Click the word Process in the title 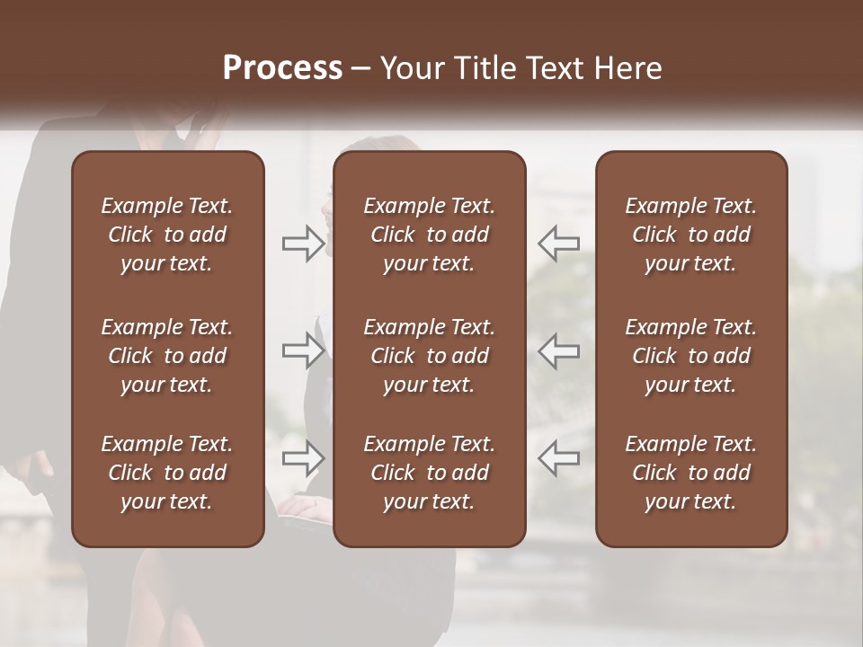click(282, 68)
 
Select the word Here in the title click(628, 68)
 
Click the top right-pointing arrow click(304, 244)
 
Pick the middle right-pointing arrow click(304, 350)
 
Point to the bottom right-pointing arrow click(304, 458)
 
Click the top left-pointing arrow click(559, 244)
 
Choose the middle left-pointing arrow click(559, 350)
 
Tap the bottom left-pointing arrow click(559, 458)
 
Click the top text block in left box click(167, 235)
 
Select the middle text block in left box click(167, 356)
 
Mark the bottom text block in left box click(167, 473)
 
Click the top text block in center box click(429, 235)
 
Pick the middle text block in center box click(429, 356)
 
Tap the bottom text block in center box click(429, 473)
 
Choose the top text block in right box click(691, 235)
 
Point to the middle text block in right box click(691, 356)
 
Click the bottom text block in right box click(691, 473)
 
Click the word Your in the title click(409, 68)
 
